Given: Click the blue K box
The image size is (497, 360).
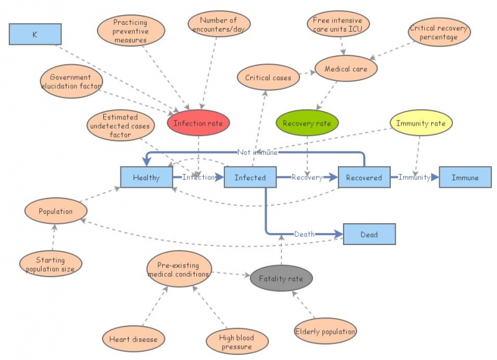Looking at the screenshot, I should coord(35,34).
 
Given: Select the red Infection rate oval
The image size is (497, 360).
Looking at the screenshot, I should coord(198,123).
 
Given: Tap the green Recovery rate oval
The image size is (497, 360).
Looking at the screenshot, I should coord(307,123).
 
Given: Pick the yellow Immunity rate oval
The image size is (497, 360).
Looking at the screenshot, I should coord(421,123).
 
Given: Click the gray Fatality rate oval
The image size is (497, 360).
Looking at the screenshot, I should coord(281,279).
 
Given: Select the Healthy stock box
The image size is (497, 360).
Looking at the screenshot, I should coord(147,177).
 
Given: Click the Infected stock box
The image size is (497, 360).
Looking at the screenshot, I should coord(250,177).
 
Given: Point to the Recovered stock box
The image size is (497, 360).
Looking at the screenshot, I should coord(364,177).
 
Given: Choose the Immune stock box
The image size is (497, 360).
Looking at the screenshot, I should coord(465,177).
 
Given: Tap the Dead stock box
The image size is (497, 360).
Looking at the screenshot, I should coord(368,234).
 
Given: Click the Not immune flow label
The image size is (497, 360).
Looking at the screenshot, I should coord(257,152).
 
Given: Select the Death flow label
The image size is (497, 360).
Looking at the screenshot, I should coord(304,234).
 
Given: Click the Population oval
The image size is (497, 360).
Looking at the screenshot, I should coord(56,211).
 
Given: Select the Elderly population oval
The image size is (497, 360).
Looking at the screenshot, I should coord(325,331).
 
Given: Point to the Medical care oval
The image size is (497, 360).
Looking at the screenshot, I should coord(346,69).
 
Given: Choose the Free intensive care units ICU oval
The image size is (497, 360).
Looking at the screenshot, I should coord(339,25).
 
